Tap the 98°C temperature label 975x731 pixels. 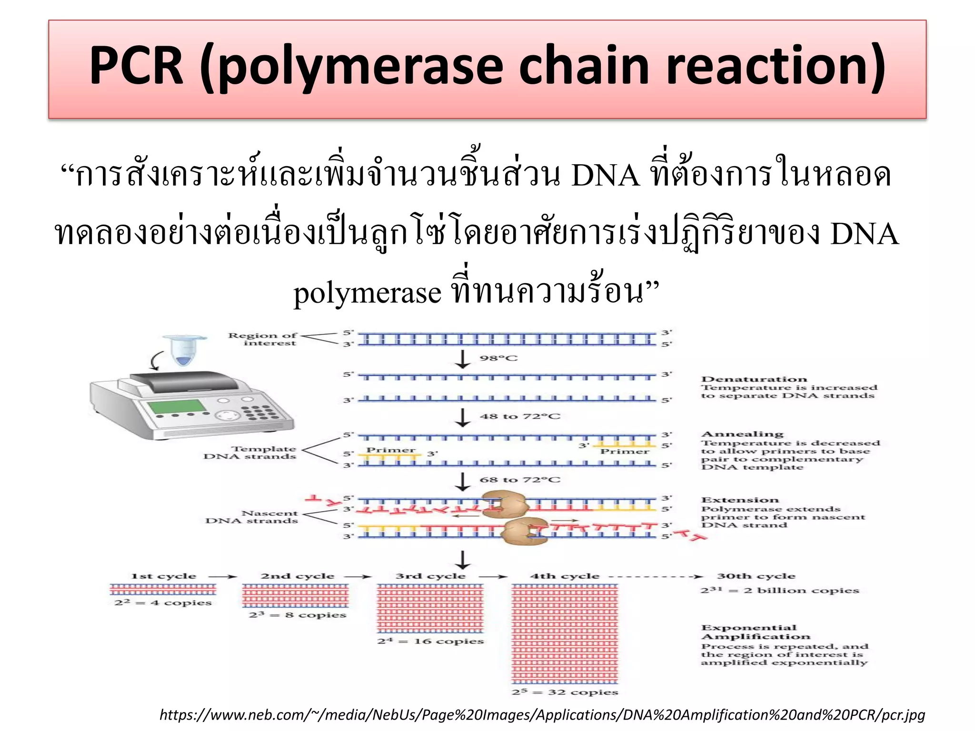coord(498,358)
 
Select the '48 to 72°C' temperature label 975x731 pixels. coord(520,416)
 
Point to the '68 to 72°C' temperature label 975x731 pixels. coord(520,480)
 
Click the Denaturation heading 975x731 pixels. coord(754,379)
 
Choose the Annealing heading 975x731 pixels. coord(742,434)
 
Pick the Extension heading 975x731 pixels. coord(740,500)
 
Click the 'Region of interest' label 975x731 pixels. coord(263,339)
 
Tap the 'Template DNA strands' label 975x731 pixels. coord(250,453)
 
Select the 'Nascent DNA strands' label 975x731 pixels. coord(252,517)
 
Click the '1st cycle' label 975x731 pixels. coord(163,576)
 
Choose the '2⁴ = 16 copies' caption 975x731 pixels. coord(430,642)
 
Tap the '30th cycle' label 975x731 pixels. coord(756,576)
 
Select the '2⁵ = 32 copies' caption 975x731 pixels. coord(565,692)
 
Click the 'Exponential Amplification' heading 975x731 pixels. coord(756,632)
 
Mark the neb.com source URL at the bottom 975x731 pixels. coord(542,715)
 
